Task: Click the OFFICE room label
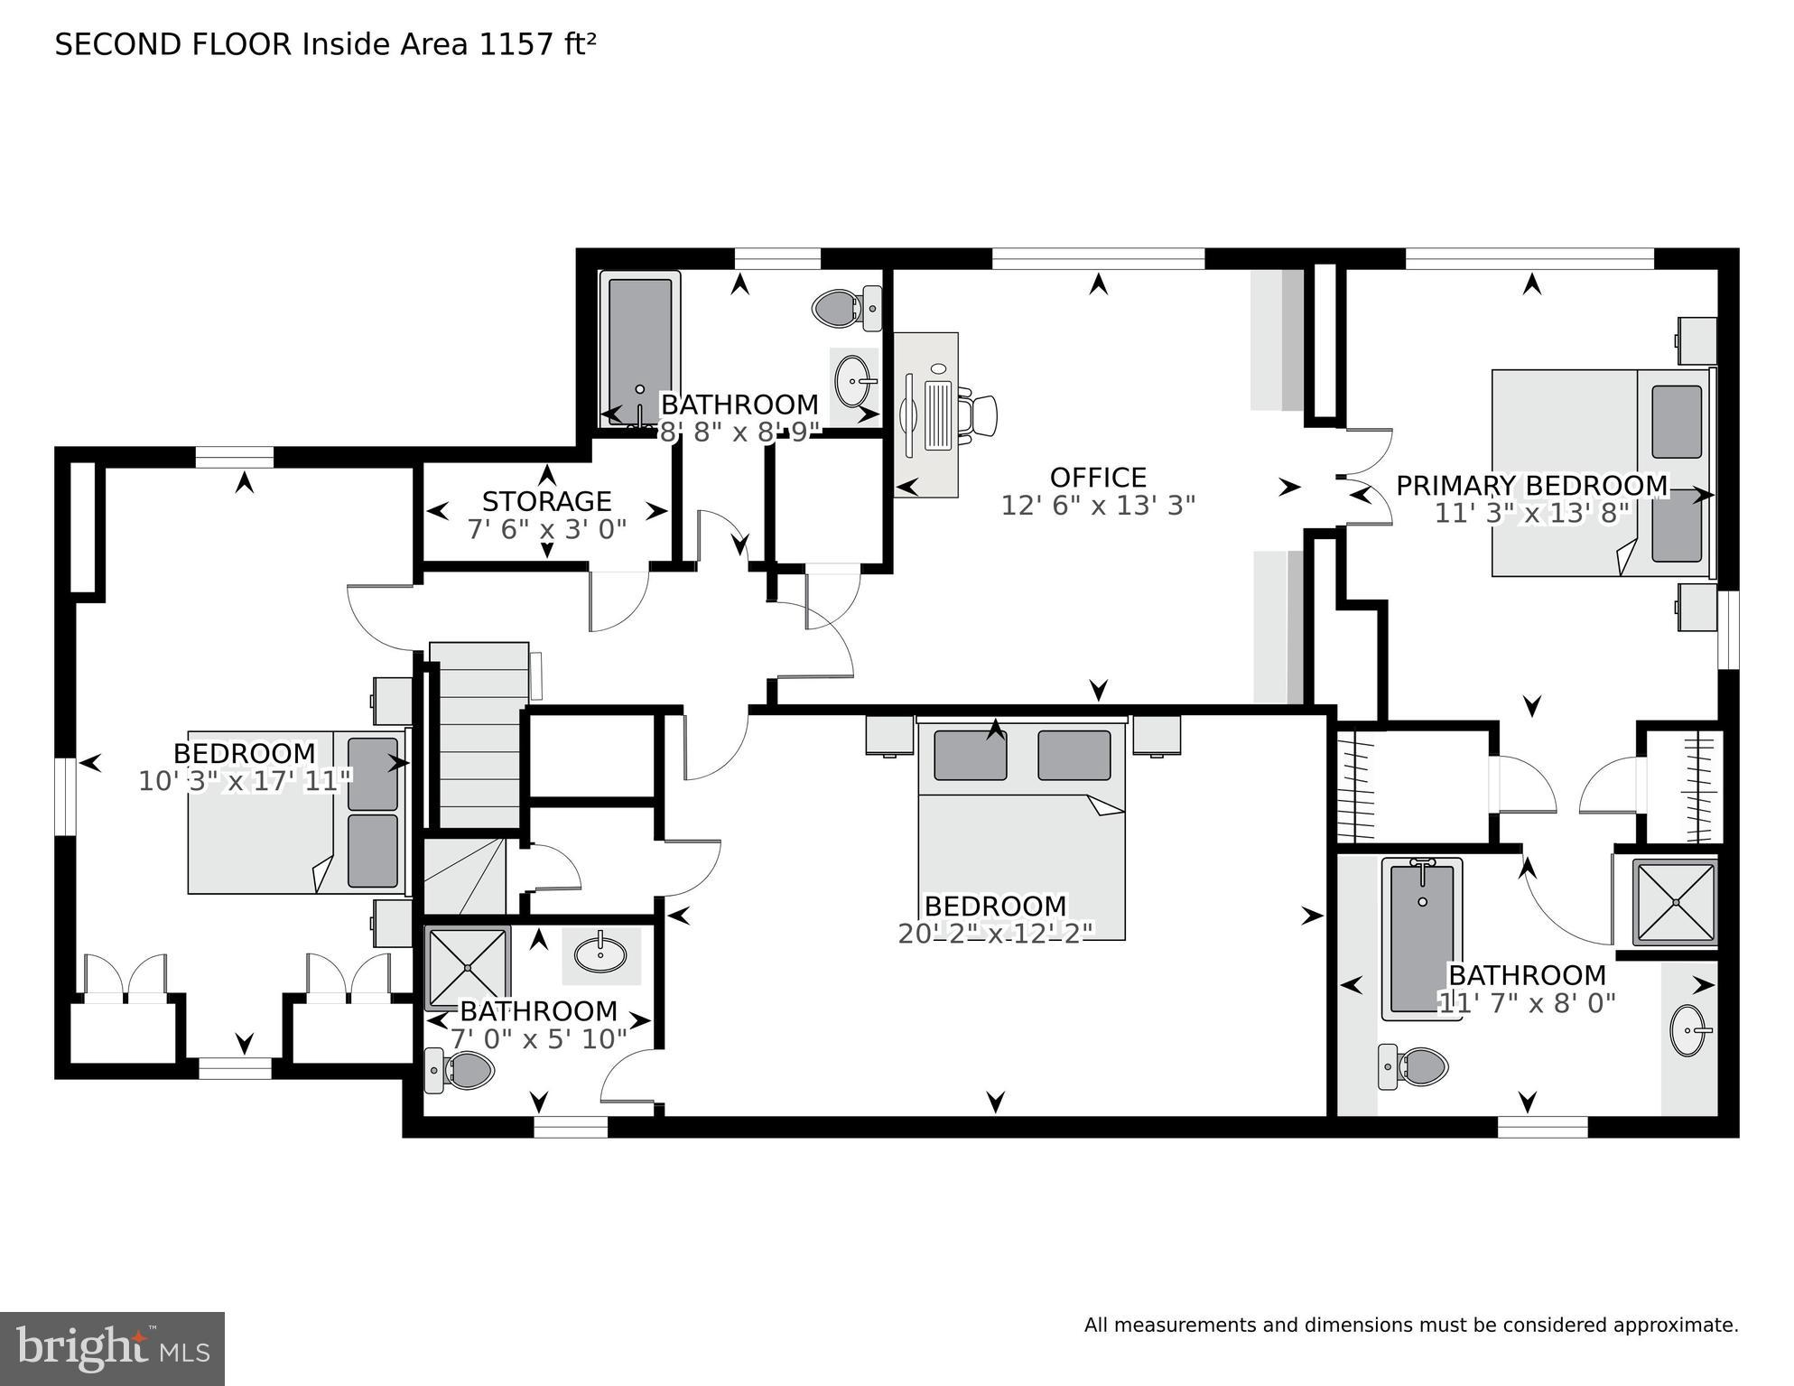pos(1097,477)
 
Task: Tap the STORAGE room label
pos(546,501)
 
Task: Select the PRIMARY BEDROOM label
pos(1531,486)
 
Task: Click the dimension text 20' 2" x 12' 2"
pos(995,934)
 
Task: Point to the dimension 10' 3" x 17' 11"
pos(244,781)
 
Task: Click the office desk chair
pos(980,415)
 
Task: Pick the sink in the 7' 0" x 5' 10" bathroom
pos(601,953)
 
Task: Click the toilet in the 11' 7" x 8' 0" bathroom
pos(1414,1066)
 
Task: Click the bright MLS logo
pos(112,1348)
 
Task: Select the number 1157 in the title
pos(515,44)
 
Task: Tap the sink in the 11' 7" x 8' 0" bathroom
pos(1688,1030)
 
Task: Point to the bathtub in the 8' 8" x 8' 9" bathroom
pos(640,348)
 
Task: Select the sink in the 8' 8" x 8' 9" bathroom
pos(853,381)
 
